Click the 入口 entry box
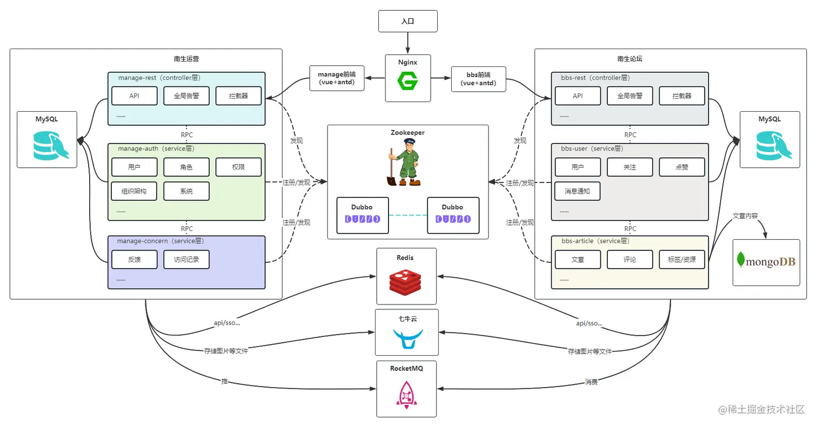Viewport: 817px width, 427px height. click(408, 21)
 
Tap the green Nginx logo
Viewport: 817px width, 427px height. click(407, 81)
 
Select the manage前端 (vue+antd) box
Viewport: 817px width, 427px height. click(337, 78)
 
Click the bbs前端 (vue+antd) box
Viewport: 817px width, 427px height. click(479, 79)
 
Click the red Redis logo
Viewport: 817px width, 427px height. click(405, 282)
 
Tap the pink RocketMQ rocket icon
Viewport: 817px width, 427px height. click(406, 395)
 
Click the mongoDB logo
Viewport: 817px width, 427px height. click(766, 261)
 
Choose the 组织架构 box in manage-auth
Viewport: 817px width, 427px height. click(134, 191)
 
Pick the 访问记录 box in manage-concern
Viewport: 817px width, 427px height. click(186, 260)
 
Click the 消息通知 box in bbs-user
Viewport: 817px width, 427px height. click(578, 191)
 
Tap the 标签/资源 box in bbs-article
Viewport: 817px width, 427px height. click(682, 260)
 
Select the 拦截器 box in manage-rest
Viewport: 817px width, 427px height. click(238, 96)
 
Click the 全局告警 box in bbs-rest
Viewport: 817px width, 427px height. click(630, 96)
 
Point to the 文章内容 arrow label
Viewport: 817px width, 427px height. click(745, 216)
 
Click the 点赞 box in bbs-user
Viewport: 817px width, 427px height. click(682, 167)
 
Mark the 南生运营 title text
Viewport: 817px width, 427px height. click(186, 59)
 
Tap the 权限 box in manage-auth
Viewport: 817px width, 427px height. click(238, 167)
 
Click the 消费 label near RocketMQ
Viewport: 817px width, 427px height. click(591, 382)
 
